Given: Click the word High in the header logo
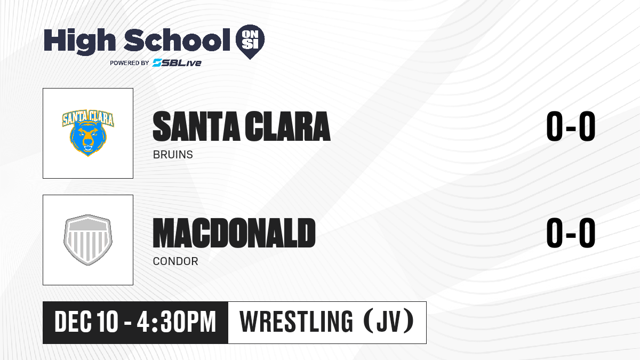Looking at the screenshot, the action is [79, 42].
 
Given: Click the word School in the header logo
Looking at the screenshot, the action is [177, 39].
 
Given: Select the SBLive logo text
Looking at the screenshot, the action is [177, 63].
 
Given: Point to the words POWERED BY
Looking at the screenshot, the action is [130, 63].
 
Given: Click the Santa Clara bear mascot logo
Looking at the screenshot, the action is [88, 133].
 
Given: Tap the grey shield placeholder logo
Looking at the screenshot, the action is [88, 240].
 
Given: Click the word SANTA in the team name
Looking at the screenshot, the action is [196, 126].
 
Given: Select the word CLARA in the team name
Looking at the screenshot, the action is [287, 126].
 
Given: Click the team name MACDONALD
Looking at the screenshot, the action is [234, 233].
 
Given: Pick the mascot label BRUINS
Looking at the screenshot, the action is [173, 155].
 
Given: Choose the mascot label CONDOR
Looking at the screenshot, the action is [175, 261].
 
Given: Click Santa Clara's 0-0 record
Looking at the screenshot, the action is [571, 126].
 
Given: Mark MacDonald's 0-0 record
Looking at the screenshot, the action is [571, 233].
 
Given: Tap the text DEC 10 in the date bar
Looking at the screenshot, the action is [86, 322].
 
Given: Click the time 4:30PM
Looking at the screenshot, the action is [177, 322].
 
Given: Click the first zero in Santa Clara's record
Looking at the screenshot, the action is [555, 126].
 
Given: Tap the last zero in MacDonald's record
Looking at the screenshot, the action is [587, 233].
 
